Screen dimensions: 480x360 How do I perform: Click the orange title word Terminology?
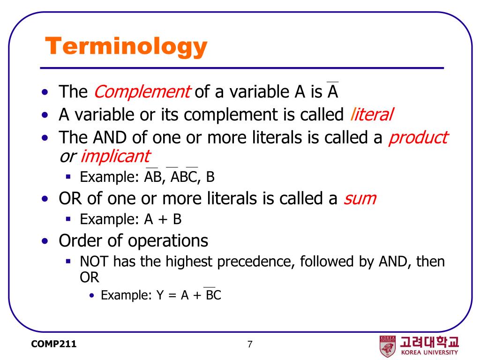coord(126,46)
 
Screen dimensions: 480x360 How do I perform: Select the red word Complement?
coord(142,91)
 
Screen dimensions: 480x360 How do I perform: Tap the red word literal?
coord(371,114)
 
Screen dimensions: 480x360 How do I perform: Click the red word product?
coord(418,138)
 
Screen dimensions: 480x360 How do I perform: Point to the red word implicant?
coord(115,157)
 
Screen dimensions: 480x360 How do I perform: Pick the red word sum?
coord(360,199)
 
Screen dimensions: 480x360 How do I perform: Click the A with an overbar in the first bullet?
coord(332,90)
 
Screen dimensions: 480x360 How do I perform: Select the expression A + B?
coord(163,219)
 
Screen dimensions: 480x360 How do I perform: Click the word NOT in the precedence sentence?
coord(94,262)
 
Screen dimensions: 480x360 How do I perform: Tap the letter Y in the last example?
coord(160,295)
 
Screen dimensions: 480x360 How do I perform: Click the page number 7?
coord(250,345)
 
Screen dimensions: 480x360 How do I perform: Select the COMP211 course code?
coord(53,344)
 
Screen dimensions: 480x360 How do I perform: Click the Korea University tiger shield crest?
coord(388,346)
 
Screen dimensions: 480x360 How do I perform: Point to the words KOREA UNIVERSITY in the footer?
coord(429,352)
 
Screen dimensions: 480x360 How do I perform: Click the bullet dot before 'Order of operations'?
coord(45,241)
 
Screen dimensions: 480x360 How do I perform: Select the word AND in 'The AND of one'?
coord(110,137)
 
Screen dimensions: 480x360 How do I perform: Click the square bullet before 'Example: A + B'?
coord(68,219)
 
